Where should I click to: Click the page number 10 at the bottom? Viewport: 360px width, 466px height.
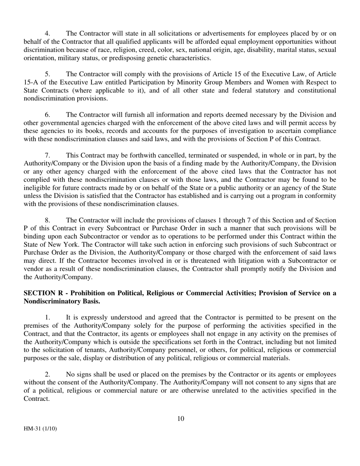[x=180, y=419]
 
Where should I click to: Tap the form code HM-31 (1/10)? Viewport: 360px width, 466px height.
[x=41, y=429]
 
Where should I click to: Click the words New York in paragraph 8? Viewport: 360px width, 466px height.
[x=55, y=245]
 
